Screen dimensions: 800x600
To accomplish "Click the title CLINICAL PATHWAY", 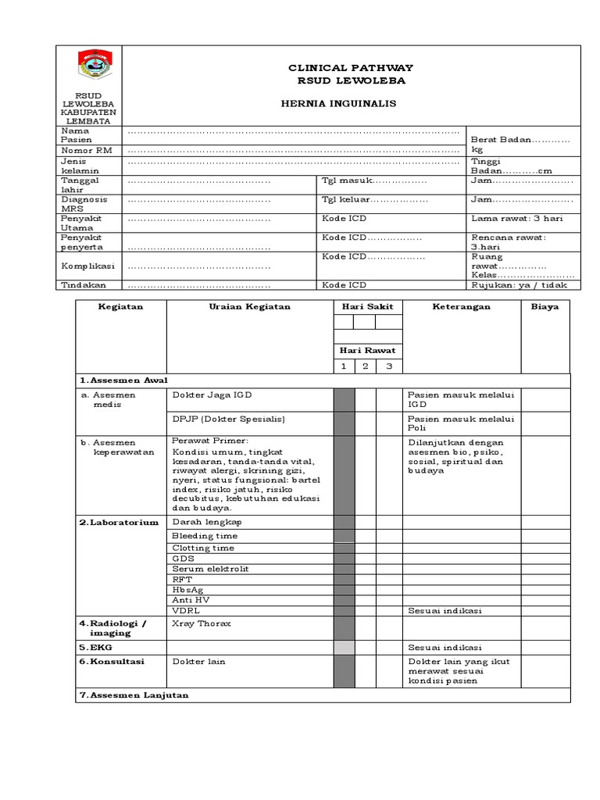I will pyautogui.click(x=351, y=69).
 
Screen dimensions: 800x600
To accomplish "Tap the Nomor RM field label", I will pyautogui.click(x=87, y=149).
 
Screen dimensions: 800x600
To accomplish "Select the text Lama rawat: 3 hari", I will pyautogui.click(x=516, y=219).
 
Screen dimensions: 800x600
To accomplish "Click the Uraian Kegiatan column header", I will pyautogui.click(x=249, y=307).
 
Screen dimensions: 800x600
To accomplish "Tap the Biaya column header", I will pyautogui.click(x=545, y=307).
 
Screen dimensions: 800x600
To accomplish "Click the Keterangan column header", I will pyautogui.click(x=461, y=307).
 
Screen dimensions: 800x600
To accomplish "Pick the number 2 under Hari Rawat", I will pyautogui.click(x=365, y=366).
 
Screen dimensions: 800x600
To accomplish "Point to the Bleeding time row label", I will pyautogui.click(x=205, y=536).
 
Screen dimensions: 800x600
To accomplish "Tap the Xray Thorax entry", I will pyautogui.click(x=202, y=623).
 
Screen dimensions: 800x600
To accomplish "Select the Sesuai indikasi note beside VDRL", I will pyautogui.click(x=445, y=610).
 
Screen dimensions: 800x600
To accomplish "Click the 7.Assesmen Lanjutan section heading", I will pyautogui.click(x=134, y=695).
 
